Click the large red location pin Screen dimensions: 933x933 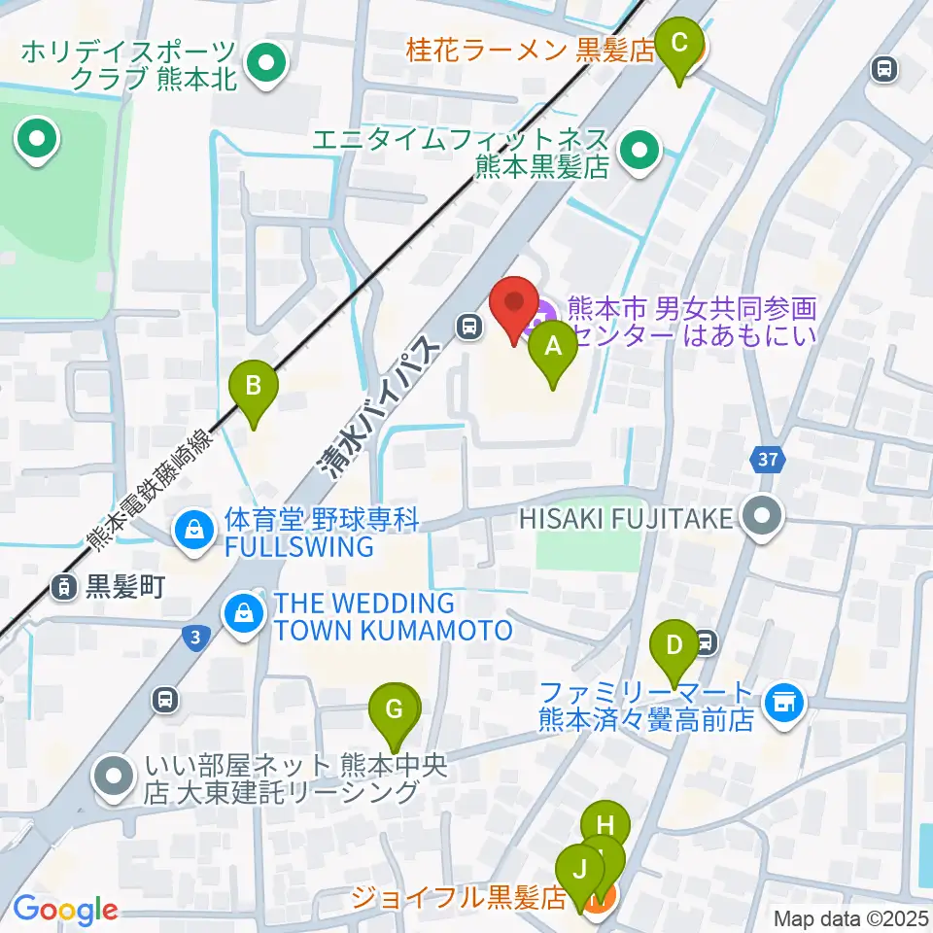tap(513, 308)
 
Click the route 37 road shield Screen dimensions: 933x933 tap(764, 458)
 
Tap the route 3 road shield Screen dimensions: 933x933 tap(195, 637)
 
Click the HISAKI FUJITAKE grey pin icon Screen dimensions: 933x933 tap(762, 516)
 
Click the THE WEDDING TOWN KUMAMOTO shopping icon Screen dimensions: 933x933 tap(240, 614)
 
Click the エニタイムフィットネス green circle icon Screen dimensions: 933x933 tap(639, 151)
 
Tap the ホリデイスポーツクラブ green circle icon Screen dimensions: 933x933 tap(264, 65)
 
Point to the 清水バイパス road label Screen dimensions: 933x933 tap(377, 411)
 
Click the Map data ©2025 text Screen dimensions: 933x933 tap(850, 918)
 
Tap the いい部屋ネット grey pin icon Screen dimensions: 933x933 tap(116, 777)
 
